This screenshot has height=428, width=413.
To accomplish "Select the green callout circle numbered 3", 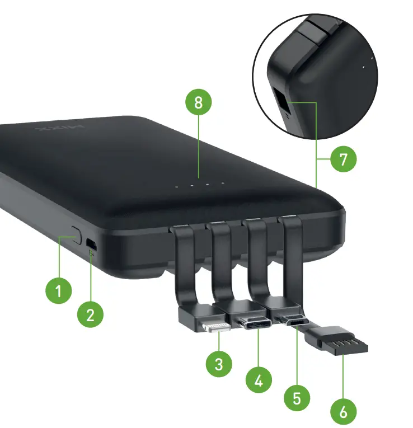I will pos(219,364).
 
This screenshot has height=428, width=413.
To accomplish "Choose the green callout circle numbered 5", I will pos(297,398).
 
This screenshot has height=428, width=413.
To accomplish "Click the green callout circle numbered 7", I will pos(343,159).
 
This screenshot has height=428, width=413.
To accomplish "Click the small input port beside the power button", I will pos(92,246).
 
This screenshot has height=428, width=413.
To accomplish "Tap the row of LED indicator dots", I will pos(199,185).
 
